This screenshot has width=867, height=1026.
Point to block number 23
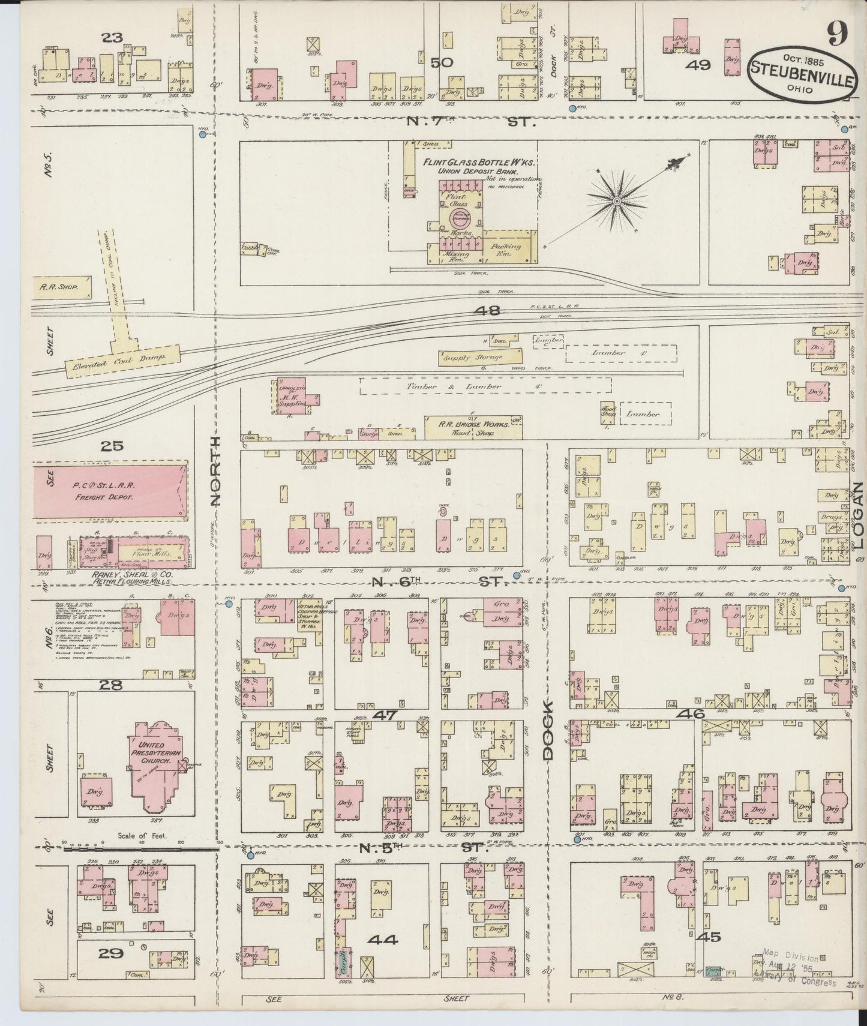pos(112,38)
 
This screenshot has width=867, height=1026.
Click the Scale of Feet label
pos(143,835)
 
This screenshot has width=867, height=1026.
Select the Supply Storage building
pos(472,359)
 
